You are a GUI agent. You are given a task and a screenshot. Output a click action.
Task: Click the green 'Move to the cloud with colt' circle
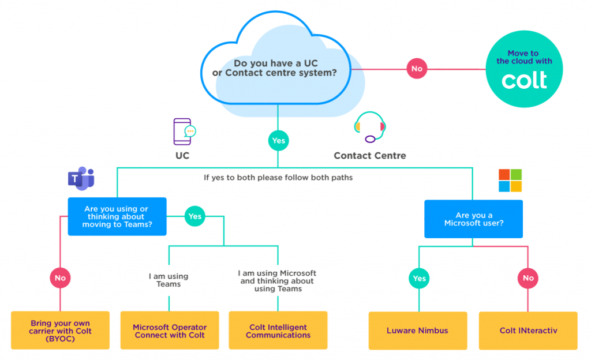coord(524,69)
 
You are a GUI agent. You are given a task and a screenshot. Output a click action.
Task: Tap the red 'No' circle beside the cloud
coord(416,69)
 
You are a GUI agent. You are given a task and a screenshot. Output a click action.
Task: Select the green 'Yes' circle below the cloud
coord(278,140)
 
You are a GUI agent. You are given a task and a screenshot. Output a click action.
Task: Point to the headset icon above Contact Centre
coord(369,127)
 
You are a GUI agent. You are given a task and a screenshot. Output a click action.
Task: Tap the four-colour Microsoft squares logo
coord(510,181)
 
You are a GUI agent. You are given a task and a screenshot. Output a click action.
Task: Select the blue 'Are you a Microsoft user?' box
coord(473,219)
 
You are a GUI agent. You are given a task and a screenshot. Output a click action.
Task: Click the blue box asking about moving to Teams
coord(117,216)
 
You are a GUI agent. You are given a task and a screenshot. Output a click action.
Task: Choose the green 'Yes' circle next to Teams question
coord(195,216)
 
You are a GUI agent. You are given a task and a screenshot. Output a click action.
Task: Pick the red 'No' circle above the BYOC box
coord(60,277)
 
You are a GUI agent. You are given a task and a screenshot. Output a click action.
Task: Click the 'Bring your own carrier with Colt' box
coord(60,331)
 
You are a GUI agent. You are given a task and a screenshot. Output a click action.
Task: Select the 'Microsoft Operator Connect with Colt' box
coord(169,331)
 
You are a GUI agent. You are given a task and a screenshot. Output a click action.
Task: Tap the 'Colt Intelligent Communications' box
coord(278,331)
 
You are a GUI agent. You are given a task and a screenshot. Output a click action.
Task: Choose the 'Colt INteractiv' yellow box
coord(528,331)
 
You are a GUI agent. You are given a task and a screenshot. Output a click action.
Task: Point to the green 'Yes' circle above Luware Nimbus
coord(419,278)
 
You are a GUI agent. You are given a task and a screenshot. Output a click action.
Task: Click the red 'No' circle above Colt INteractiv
coord(528,278)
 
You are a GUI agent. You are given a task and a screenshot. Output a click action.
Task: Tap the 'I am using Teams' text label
coord(169,280)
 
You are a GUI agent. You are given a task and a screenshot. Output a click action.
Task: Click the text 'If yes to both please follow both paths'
coord(278,178)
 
